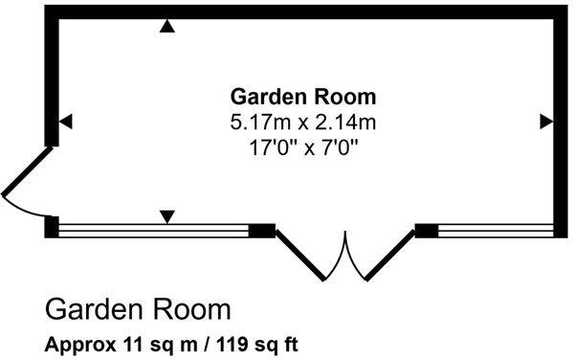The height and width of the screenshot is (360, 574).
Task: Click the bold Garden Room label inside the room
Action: [303, 98]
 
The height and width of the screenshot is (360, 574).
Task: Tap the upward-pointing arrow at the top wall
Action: [167, 27]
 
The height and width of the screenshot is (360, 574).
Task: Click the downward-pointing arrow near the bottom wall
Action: [167, 217]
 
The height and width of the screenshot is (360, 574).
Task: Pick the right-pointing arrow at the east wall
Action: [546, 121]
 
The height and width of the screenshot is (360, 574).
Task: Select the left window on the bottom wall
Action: [153, 230]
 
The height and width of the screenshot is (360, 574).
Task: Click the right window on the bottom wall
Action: [496, 230]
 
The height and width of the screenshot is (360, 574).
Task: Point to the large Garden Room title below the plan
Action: [139, 310]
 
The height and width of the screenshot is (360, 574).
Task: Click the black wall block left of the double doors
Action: [261, 230]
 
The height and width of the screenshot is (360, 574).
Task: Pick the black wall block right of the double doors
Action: [427, 230]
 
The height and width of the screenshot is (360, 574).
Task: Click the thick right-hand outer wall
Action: [562, 120]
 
